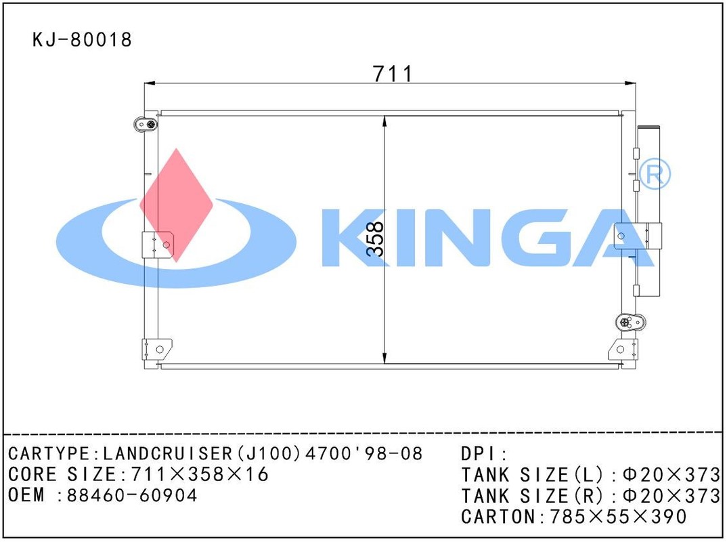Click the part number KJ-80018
(x=82, y=40)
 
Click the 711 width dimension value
(x=393, y=73)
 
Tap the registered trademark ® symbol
(x=655, y=173)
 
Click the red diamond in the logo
(x=176, y=205)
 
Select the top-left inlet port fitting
(x=145, y=124)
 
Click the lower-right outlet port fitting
(x=631, y=322)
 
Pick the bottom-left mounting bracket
(x=157, y=350)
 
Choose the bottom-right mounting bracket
(x=623, y=350)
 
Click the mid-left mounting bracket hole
(x=167, y=245)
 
